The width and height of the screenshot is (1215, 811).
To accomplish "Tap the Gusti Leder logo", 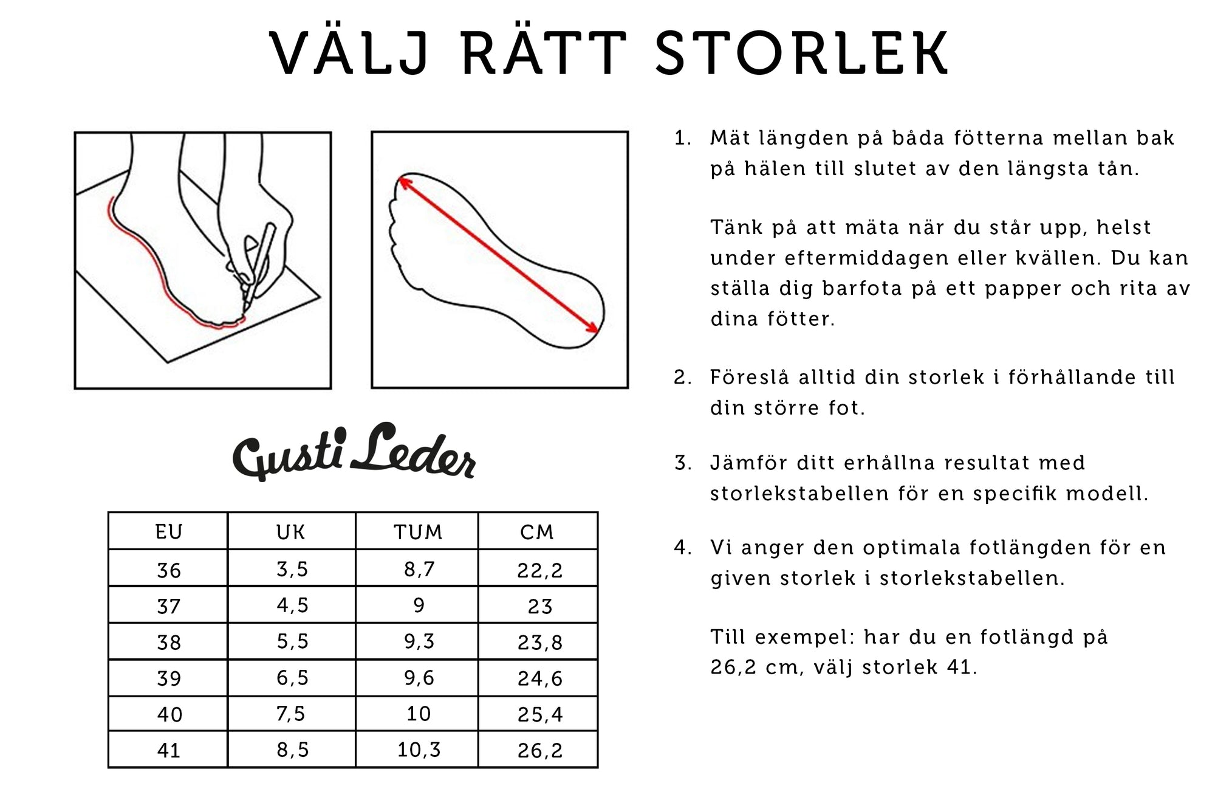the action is pyautogui.click(x=354, y=452).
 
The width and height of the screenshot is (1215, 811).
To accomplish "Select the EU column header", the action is pyautogui.click(x=168, y=532).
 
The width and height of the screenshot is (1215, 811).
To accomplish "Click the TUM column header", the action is pyautogui.click(x=418, y=532).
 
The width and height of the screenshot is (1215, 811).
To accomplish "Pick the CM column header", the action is pyautogui.click(x=538, y=532).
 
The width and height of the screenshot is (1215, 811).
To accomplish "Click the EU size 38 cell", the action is pyautogui.click(x=168, y=642).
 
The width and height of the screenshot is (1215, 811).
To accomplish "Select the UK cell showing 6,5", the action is pyautogui.click(x=292, y=678).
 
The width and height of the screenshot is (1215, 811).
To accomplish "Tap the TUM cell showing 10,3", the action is pyautogui.click(x=418, y=750).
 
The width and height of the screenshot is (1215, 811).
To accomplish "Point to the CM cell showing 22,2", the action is pyautogui.click(x=539, y=570).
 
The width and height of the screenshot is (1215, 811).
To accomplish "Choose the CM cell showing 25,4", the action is pyautogui.click(x=539, y=714).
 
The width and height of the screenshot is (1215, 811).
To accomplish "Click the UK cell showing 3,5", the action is pyautogui.click(x=292, y=569).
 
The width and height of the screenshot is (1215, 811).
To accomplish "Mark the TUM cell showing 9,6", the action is pyautogui.click(x=418, y=678).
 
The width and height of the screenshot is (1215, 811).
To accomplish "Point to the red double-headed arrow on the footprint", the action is pyautogui.click(x=498, y=255).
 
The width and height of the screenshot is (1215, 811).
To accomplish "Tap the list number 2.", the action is pyautogui.click(x=682, y=378).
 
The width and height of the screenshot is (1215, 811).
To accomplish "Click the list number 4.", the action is pyautogui.click(x=682, y=548).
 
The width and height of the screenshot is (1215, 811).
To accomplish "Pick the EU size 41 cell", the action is pyautogui.click(x=168, y=750).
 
